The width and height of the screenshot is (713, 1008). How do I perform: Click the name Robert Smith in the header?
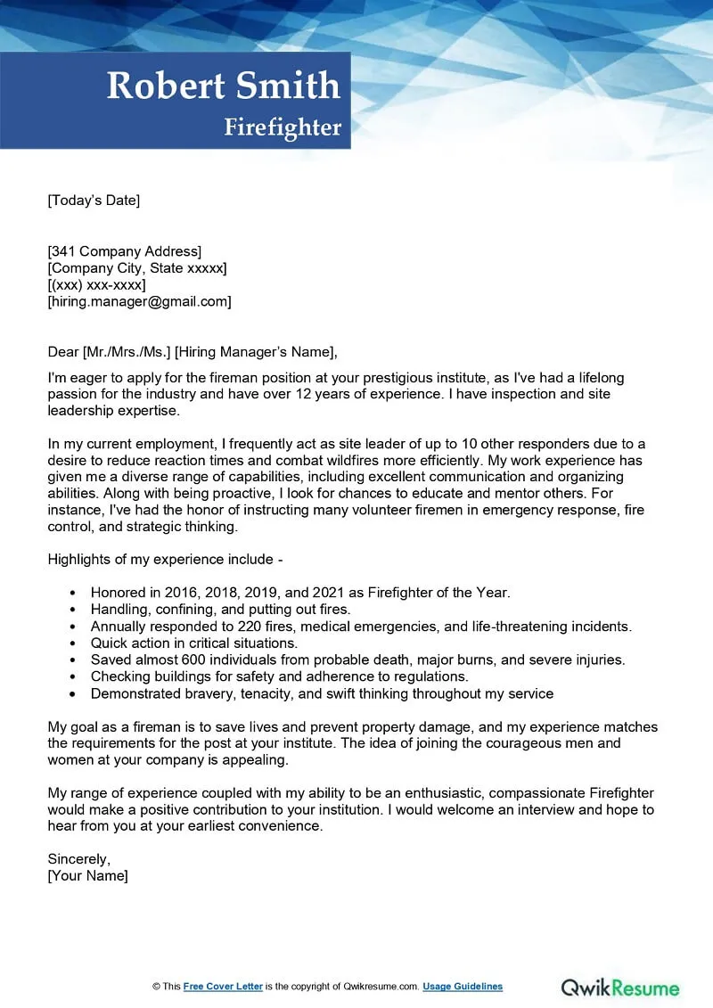(x=224, y=86)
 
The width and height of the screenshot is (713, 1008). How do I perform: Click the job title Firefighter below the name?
(x=283, y=127)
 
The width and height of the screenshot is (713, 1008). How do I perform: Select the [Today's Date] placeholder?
(x=94, y=201)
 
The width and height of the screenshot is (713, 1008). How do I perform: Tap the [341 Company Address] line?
(x=125, y=251)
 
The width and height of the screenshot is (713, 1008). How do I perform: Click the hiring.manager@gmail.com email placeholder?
(x=139, y=302)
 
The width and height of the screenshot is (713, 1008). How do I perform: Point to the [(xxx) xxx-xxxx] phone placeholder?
(x=96, y=285)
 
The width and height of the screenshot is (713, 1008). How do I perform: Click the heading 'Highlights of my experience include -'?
(x=165, y=560)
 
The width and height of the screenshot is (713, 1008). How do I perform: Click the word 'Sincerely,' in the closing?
(x=78, y=859)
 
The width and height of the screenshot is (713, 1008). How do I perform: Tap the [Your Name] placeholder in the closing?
(x=87, y=876)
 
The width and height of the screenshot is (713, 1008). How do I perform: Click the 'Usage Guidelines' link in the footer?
(x=463, y=987)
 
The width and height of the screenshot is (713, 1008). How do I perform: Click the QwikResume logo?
(x=619, y=988)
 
